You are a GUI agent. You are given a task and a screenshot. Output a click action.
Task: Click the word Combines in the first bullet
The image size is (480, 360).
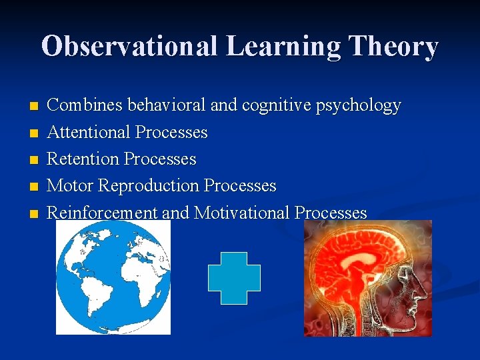point(85,105)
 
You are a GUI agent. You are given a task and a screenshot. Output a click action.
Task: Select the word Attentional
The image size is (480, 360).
point(89,132)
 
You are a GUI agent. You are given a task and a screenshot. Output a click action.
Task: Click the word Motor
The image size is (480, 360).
point(70,185)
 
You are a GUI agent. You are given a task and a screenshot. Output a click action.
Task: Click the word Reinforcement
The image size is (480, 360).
point(102,213)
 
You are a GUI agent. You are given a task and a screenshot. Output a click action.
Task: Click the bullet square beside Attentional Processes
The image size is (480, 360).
point(35,133)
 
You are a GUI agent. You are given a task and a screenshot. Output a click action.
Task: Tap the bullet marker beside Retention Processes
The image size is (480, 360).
point(35,160)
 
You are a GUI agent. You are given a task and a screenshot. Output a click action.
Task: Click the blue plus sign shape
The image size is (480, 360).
point(234,278)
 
